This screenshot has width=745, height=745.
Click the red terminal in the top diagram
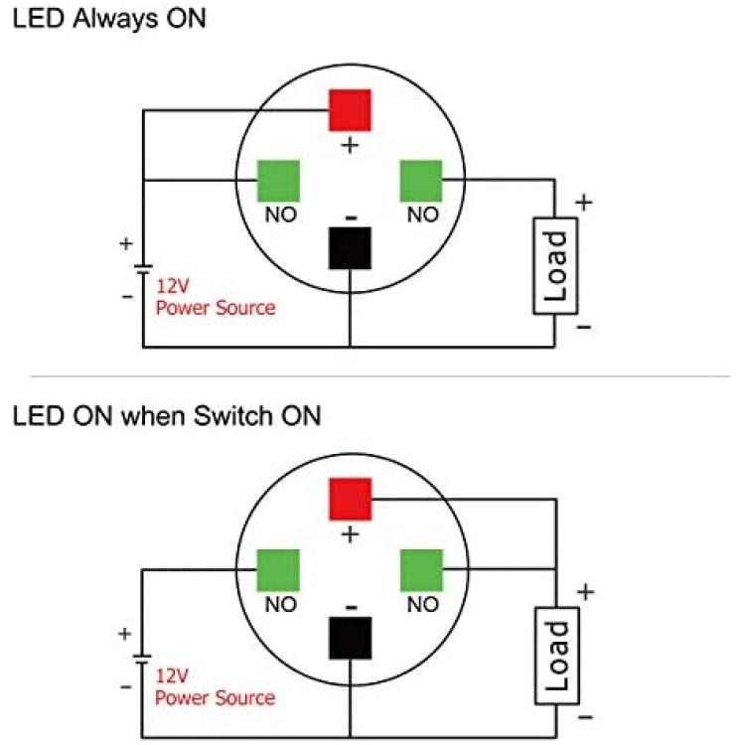click(350, 109)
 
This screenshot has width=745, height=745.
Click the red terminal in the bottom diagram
click(350, 499)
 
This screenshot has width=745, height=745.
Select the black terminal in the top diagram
click(350, 248)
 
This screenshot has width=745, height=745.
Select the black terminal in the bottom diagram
click(350, 638)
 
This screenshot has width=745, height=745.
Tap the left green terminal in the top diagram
click(279, 181)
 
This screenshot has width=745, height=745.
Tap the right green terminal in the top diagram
click(421, 181)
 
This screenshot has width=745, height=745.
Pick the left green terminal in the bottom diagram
click(279, 570)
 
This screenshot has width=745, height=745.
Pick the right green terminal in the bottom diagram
click(421, 570)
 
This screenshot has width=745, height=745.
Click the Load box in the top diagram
click(556, 265)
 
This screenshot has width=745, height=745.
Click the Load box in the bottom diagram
click(556, 656)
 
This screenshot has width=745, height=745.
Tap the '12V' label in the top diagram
click(173, 286)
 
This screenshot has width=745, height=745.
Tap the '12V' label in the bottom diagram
click(173, 675)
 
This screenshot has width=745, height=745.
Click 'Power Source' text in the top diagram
click(216, 307)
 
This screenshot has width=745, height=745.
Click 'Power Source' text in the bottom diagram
click(216, 697)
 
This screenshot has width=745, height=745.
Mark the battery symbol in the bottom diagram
click(143, 660)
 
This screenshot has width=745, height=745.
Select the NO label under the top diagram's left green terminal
click(278, 215)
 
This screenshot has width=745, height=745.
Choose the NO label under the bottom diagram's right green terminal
click(421, 604)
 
